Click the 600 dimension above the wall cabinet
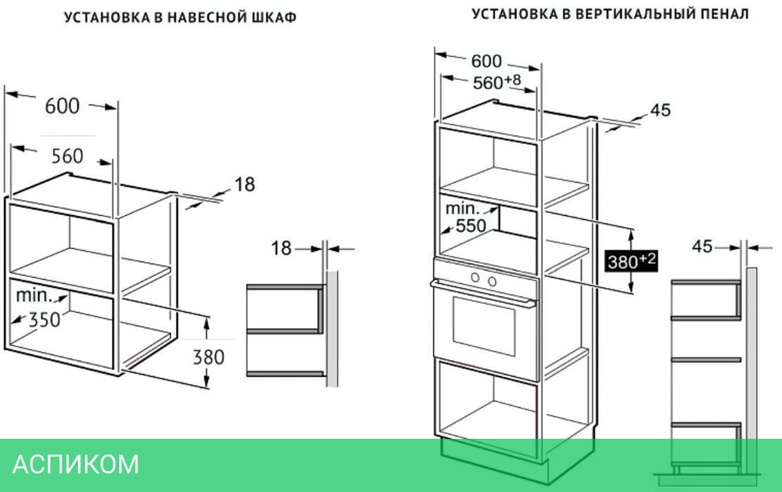[63, 105]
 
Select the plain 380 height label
[208, 357]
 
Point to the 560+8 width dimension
[496, 82]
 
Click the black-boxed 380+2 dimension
[630, 261]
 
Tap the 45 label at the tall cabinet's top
[660, 110]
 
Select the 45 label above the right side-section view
[702, 246]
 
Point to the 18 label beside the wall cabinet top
[244, 185]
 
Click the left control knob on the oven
[475, 279]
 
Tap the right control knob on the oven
[492, 280]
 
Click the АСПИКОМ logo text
[76, 465]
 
